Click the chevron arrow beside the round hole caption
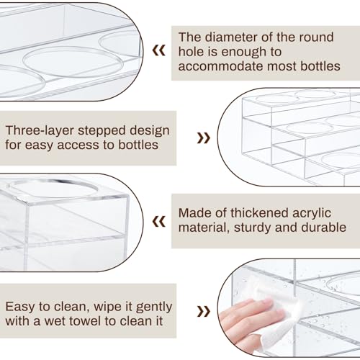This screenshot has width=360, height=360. pos(159,50)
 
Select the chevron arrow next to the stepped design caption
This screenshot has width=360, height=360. pos(204,138)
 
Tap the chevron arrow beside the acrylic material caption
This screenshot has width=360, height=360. pos(159,221)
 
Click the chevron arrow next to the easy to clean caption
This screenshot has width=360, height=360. pos(204,312)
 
